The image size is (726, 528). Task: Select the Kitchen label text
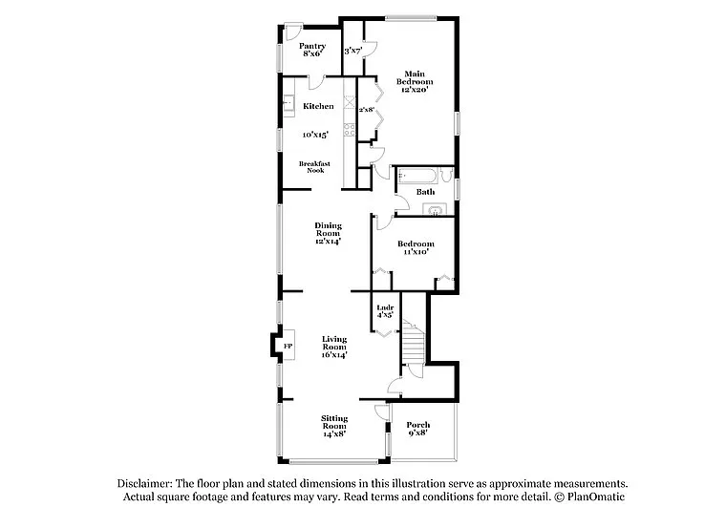(318, 106)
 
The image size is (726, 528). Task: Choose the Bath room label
(426, 192)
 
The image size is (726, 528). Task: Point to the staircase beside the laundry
(412, 344)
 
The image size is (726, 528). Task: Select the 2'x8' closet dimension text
(366, 110)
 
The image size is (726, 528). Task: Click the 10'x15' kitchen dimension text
(318, 135)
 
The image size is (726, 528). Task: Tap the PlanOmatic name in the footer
(593, 497)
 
